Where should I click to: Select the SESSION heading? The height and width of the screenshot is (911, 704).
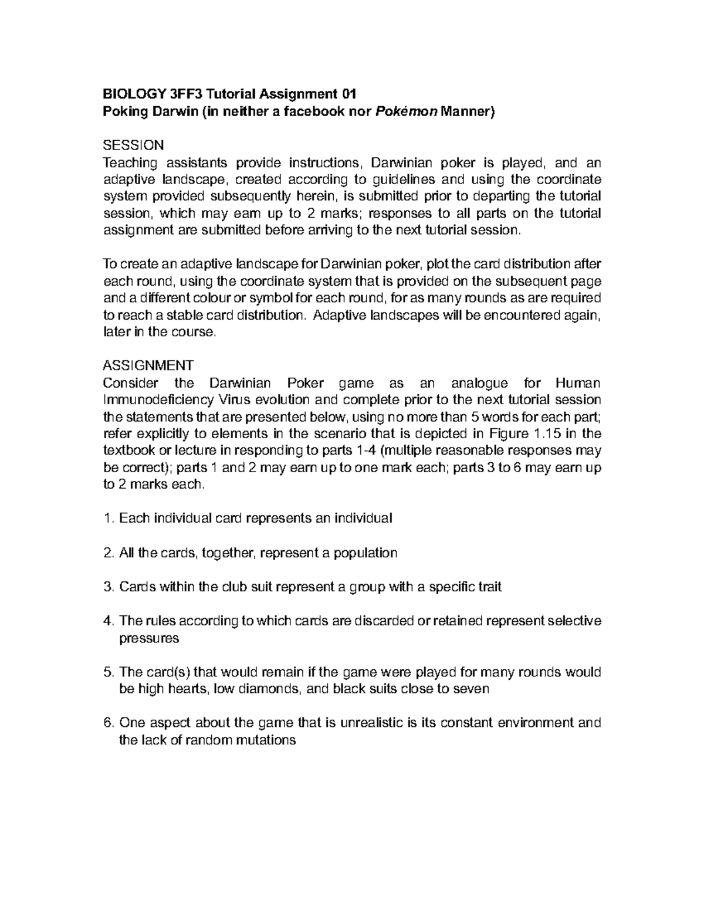pos(133,145)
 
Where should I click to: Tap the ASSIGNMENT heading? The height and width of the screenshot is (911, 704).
pos(148,365)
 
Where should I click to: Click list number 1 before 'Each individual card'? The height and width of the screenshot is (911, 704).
pos(107,519)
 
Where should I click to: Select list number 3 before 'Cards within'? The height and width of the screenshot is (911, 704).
pos(107,587)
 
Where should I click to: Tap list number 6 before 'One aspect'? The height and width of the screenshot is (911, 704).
pos(107,723)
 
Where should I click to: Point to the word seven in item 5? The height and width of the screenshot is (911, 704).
pos(473,689)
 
